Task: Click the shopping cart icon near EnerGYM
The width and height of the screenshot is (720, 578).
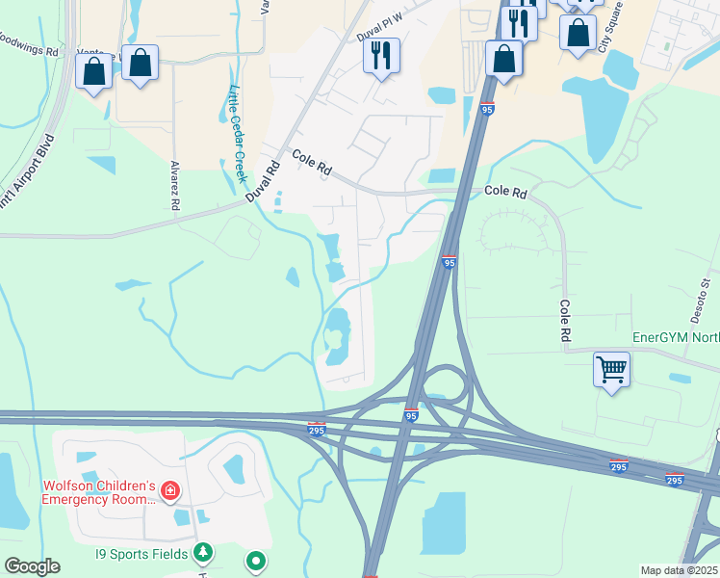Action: [612, 369]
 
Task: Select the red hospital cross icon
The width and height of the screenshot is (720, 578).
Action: [170, 492]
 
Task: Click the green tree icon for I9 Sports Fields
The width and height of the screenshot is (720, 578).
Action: [202, 552]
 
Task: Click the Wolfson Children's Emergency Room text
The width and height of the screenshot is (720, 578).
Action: [98, 493]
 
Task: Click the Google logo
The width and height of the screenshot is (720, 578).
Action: [31, 566]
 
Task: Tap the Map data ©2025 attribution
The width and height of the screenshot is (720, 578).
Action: [678, 570]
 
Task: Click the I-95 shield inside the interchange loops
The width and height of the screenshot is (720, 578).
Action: [411, 415]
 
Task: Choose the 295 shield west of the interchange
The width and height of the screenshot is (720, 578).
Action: [316, 428]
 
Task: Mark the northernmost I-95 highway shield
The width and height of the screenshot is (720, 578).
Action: [487, 109]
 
